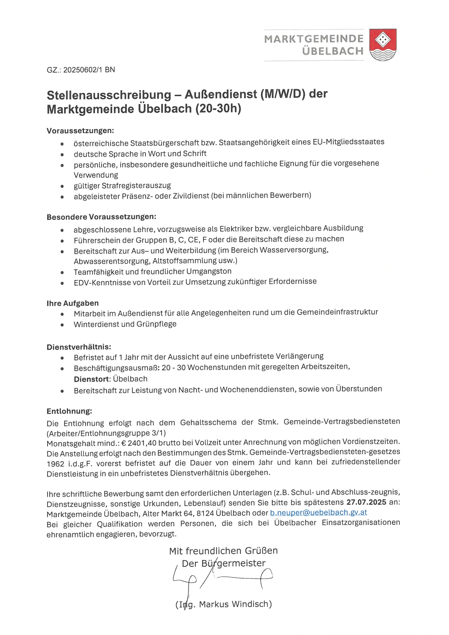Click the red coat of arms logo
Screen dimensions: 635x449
coord(383,45)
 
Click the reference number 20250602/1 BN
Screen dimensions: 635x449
coord(89,70)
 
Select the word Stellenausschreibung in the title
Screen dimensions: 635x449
coord(109,95)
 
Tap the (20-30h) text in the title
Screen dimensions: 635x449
coord(218,108)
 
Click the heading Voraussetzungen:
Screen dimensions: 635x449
coord(80,131)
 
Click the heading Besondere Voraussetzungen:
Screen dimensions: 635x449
coord(101,217)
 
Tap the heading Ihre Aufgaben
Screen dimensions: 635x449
coord(72,303)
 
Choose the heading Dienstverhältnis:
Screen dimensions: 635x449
coord(79,347)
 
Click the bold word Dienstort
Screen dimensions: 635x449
coord(92,379)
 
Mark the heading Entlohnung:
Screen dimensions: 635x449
coord(69,411)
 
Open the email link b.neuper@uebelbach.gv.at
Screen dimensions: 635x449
coord(318,512)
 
